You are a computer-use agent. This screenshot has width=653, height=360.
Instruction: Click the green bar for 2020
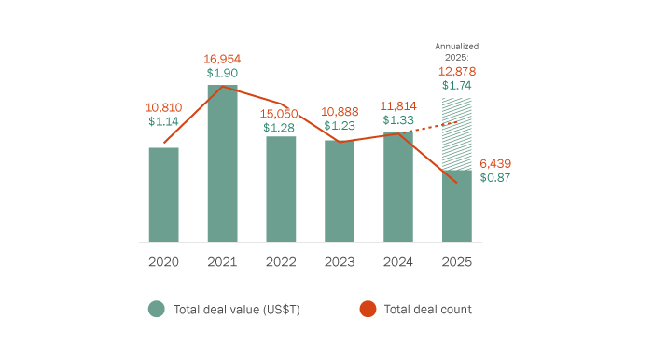(163, 195)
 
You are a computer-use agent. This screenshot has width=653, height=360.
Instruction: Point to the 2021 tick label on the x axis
(222, 262)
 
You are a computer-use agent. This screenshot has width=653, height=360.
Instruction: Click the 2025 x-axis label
(457, 262)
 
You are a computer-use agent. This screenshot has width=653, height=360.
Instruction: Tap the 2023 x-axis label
(340, 262)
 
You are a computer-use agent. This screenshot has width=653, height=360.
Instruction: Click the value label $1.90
(222, 73)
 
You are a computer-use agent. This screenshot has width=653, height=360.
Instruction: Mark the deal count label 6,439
(495, 163)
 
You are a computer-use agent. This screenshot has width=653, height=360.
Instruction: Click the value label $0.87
(495, 178)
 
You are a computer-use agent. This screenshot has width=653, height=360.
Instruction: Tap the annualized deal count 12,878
(457, 71)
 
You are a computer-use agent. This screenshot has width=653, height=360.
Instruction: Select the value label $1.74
(457, 86)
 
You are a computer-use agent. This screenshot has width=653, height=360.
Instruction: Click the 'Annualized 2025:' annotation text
(457, 50)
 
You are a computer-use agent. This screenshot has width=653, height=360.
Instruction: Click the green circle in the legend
(156, 310)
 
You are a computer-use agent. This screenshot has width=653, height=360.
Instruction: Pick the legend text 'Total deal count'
(427, 310)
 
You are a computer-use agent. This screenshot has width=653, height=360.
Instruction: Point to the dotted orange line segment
(432, 128)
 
